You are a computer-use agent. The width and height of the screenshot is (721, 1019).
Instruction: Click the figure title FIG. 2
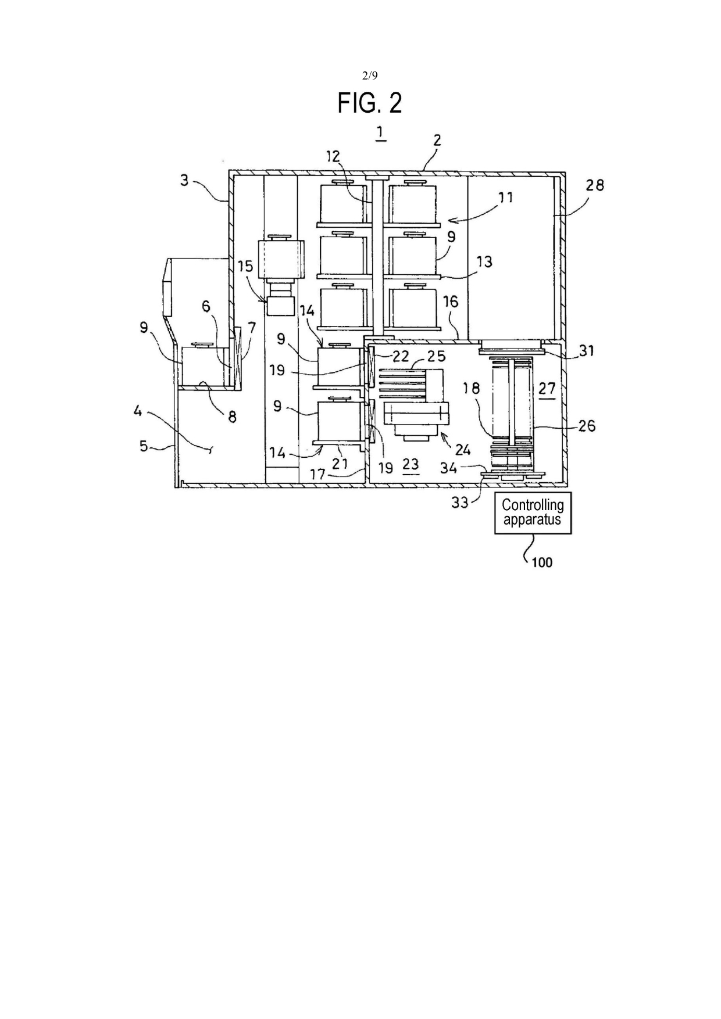(x=370, y=103)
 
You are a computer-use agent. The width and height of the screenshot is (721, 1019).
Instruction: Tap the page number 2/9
(x=370, y=75)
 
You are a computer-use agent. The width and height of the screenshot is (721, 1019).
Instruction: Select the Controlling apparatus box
(x=533, y=513)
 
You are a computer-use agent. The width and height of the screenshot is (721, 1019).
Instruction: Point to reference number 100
(x=542, y=562)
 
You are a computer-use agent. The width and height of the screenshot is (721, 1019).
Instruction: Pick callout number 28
(x=595, y=185)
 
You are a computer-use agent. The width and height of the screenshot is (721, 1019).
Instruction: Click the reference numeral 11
(x=505, y=198)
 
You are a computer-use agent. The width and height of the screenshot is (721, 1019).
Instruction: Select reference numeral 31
(x=587, y=351)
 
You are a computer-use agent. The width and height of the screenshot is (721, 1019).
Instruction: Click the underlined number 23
(x=411, y=464)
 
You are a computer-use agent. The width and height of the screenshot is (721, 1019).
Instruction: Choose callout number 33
(x=460, y=503)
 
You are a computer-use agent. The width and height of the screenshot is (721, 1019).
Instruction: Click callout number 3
(x=184, y=180)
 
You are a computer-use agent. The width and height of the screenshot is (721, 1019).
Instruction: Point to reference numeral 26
(x=587, y=426)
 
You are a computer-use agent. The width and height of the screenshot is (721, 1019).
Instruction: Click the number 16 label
(x=451, y=302)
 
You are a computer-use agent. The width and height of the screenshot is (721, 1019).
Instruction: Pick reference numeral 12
(x=333, y=156)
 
